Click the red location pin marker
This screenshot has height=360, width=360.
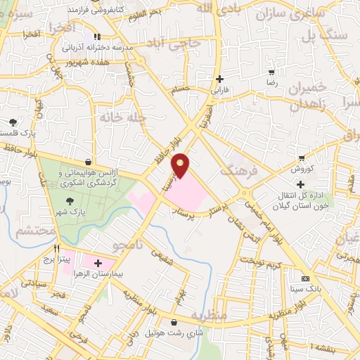pos(181,165)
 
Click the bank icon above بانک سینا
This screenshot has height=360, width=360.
pos(304,277)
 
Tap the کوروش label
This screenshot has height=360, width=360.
pos(301,169)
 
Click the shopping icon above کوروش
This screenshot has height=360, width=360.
pos(301,158)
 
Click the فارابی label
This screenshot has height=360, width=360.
pos(220,90)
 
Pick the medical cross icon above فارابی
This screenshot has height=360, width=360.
pos(220,79)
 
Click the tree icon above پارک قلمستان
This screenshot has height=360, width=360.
pos(13,122)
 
